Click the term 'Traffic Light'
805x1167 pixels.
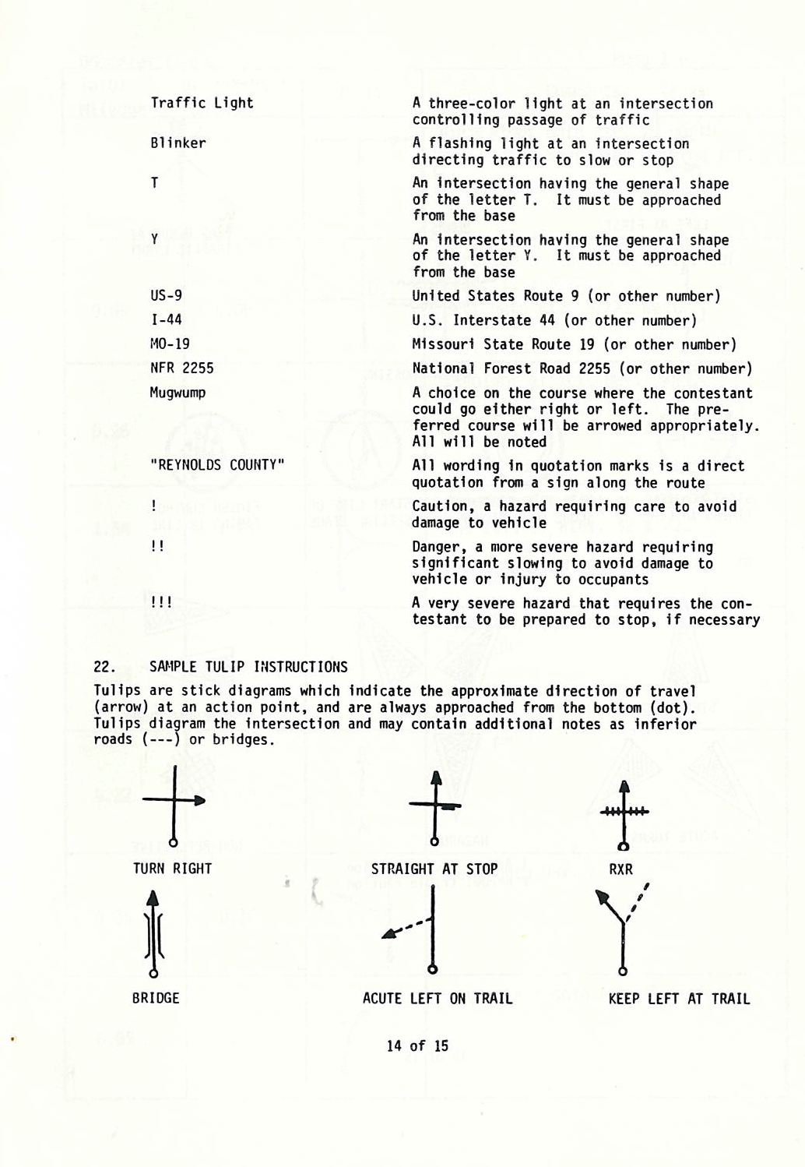coord(202,103)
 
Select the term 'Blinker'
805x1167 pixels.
coord(178,143)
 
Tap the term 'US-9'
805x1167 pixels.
coord(166,295)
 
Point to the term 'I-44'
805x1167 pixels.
coord(166,319)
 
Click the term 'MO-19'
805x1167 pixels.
coord(170,344)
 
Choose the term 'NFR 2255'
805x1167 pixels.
coord(181,368)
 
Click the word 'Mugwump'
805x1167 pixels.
coord(178,393)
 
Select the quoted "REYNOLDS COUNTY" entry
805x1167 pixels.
coord(217,465)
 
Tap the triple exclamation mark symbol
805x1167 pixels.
coord(161,602)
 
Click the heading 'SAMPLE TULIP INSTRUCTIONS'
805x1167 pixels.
coord(248,667)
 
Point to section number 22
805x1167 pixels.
coord(104,667)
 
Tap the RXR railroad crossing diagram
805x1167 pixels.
coord(623,814)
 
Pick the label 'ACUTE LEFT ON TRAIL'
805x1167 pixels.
coord(438,999)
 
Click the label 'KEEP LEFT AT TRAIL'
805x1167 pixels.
coord(679,999)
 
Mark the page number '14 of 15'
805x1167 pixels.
coord(417,1045)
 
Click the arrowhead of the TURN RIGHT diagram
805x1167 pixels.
coord(199,800)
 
